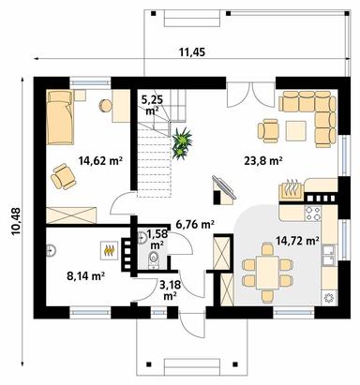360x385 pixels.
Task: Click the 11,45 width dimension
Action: [192, 52]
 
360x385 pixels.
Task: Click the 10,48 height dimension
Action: [16, 221]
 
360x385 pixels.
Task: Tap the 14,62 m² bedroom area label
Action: [100, 161]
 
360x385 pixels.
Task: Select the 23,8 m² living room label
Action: [263, 161]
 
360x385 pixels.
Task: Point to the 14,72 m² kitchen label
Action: [297, 241]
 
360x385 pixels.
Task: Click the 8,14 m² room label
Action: [85, 275]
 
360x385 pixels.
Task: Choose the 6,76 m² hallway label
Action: [195, 224]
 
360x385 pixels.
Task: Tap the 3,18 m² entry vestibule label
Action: [169, 290]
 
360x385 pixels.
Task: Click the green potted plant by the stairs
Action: [182, 143]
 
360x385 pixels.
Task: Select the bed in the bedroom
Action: [60, 117]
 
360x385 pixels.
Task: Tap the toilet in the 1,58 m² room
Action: [153, 259]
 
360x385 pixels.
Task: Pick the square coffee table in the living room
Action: [296, 130]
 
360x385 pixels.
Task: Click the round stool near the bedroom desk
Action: [106, 106]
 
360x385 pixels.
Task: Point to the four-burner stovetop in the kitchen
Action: [313, 214]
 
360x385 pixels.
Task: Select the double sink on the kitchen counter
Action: [329, 254]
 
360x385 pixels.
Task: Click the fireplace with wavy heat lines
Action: [291, 189]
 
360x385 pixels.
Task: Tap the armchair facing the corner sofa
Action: [268, 130]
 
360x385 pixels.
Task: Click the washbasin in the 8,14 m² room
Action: [51, 250]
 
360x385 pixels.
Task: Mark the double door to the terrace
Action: [250, 95]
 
